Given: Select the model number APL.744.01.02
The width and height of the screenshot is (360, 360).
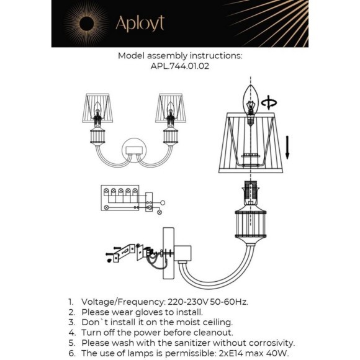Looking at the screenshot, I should pyautogui.click(x=179, y=65).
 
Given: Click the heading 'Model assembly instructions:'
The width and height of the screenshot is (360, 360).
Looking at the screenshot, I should pyautogui.click(x=180, y=55).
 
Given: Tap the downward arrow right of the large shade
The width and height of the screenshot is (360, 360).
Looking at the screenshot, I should pyautogui.click(x=288, y=147).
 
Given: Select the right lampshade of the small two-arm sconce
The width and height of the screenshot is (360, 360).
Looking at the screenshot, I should pyautogui.click(x=170, y=107).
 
